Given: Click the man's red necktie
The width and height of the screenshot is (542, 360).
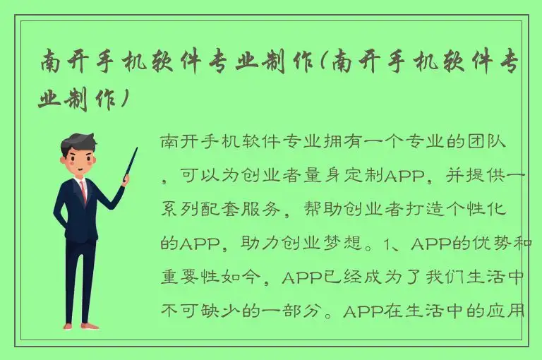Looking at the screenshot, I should pos(84,190).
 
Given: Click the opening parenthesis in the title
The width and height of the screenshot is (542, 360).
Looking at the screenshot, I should pos(324,64).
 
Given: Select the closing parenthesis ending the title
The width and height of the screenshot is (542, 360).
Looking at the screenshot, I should pos(126,100).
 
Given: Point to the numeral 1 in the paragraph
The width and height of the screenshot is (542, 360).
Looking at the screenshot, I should pos(385,244).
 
